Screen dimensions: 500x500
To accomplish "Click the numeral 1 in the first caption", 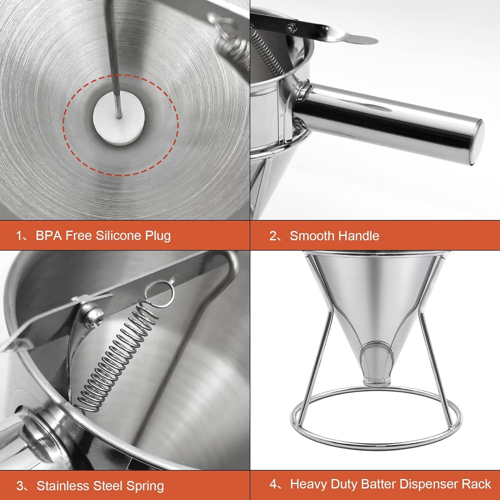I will point(19,236).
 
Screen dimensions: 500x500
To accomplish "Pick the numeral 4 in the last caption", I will point(273,484).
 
